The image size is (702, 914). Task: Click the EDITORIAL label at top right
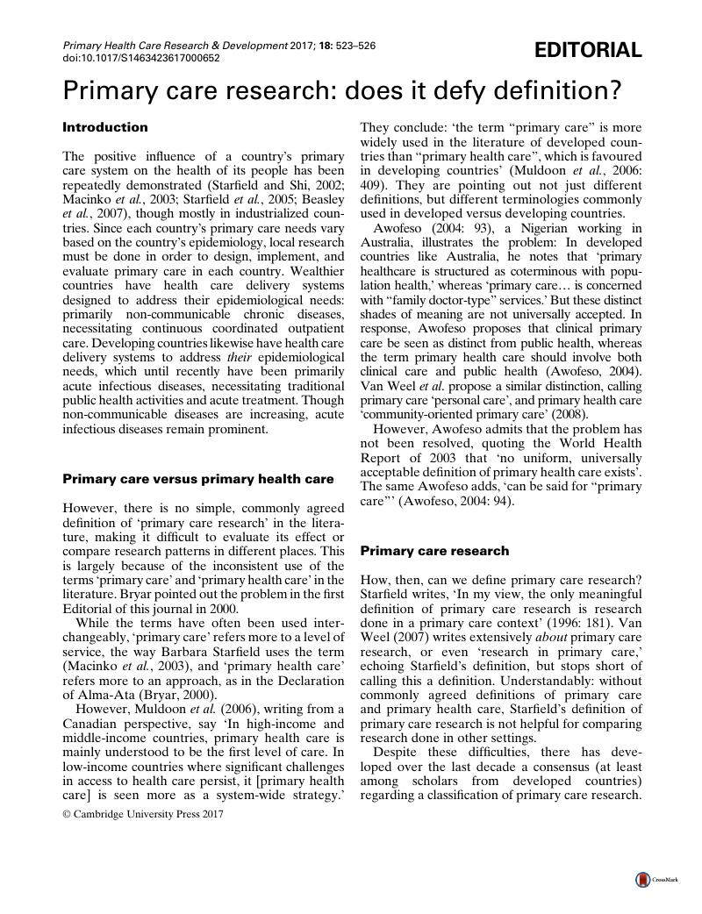coord(588,51)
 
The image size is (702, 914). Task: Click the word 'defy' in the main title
coord(425,89)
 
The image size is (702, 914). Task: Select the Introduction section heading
coord(105,127)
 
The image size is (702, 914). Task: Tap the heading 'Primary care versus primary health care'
coord(198,479)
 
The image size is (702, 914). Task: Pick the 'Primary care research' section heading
coord(434,551)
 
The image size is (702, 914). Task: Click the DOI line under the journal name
coord(141,58)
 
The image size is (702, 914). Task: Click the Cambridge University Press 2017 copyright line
coord(143,813)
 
